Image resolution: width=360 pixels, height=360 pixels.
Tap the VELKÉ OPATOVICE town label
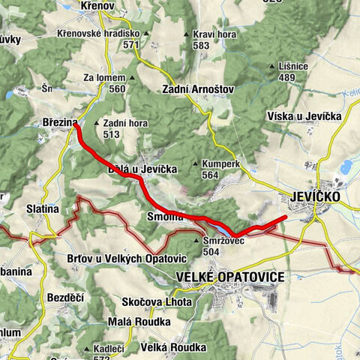229,277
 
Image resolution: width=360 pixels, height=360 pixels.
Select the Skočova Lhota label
156,301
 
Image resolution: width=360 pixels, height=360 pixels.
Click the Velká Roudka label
173,347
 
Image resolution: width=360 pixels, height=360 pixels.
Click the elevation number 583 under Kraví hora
199,46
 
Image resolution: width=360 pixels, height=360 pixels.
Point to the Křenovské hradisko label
98,34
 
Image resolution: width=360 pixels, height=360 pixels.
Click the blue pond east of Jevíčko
346,166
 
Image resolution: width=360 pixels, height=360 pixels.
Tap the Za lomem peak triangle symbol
133,77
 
